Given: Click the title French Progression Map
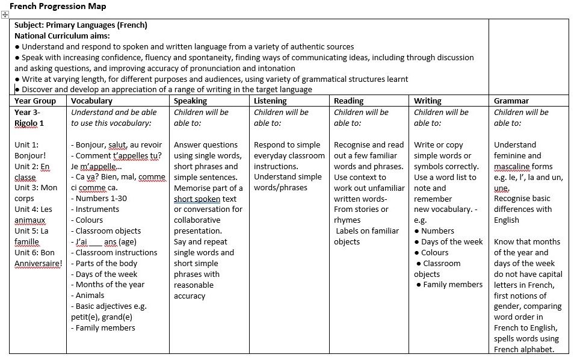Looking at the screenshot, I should [x=58, y=6].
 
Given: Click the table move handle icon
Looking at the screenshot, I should [x=5, y=15].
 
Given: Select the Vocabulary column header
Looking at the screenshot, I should [x=91, y=101].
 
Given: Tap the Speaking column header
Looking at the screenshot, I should [x=190, y=101].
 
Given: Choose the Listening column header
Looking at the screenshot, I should [x=270, y=101].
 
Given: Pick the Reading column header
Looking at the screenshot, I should [x=349, y=101].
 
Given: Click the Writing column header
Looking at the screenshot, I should [x=428, y=101].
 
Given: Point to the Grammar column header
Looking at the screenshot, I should [x=511, y=101].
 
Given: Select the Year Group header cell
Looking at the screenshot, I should [x=35, y=101].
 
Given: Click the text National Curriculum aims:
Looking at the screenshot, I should [x=62, y=36].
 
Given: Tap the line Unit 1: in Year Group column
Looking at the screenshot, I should [x=26, y=144].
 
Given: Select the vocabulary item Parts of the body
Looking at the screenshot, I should [x=106, y=263].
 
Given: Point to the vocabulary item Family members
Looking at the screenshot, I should [x=105, y=328].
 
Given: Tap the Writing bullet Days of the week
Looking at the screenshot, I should [x=452, y=242].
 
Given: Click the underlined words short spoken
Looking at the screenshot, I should [x=197, y=199].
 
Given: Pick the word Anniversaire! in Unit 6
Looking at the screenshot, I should [x=38, y=264].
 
